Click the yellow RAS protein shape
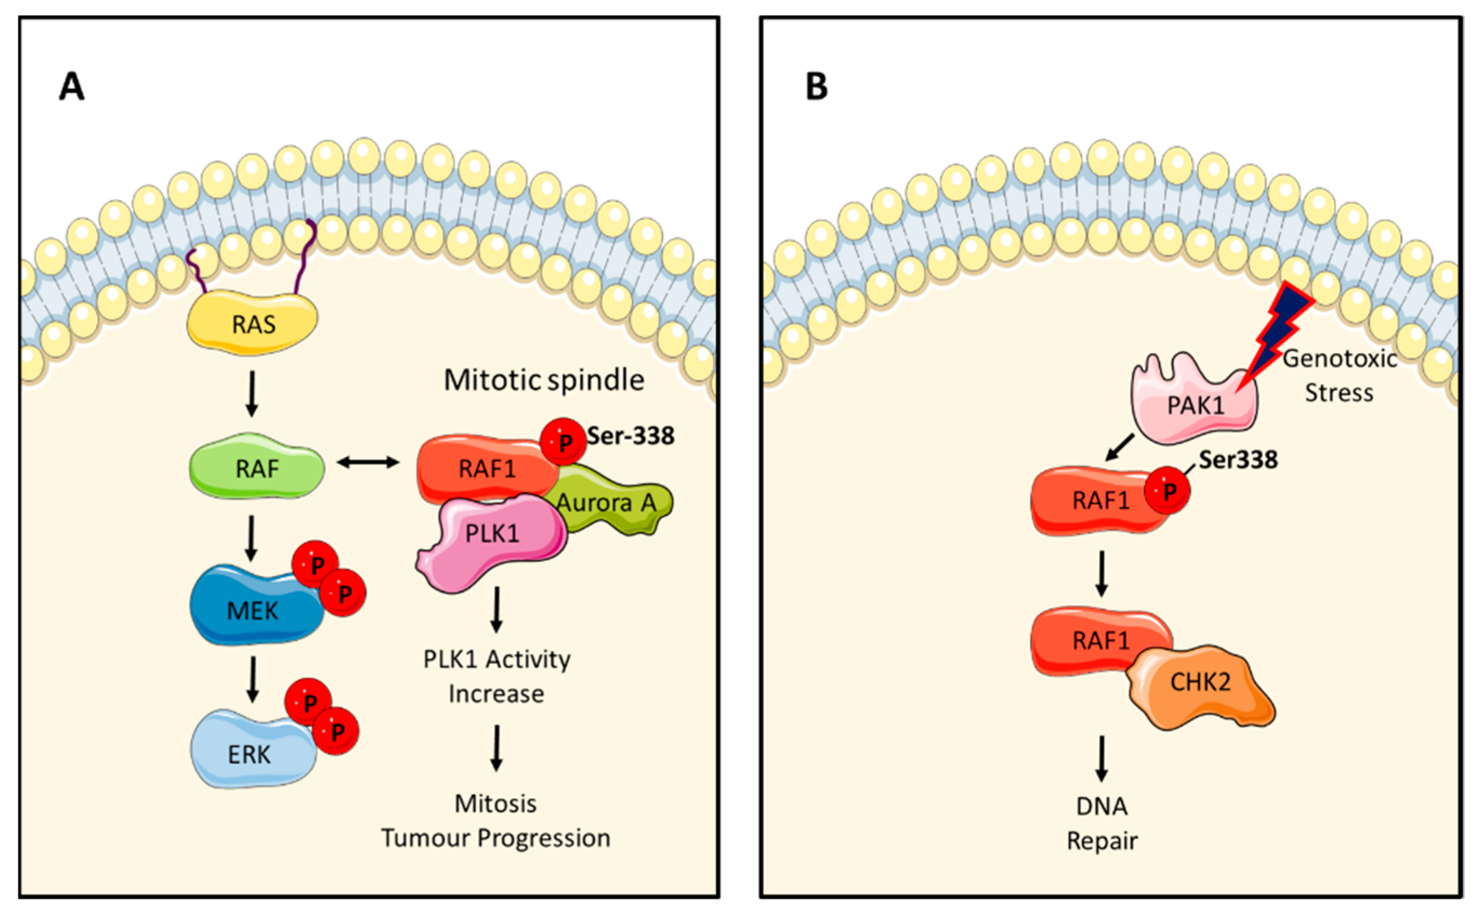[253, 324]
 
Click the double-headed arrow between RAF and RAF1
[368, 463]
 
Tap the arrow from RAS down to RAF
[252, 393]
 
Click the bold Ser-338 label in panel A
[630, 435]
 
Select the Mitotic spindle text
[544, 380]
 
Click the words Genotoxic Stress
[1339, 376]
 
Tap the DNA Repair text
[1102, 823]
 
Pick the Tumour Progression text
[496, 838]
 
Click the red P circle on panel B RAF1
[1168, 491]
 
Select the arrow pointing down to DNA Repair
[1102, 759]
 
